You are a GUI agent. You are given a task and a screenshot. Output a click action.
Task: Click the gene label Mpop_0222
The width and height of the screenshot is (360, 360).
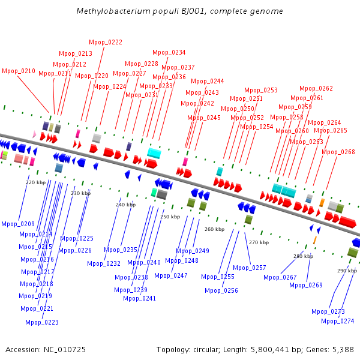click(x=106, y=42)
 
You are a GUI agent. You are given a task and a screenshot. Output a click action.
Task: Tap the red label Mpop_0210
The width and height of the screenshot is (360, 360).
click(x=19, y=71)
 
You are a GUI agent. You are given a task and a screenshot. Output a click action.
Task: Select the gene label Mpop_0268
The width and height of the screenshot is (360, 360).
click(x=338, y=152)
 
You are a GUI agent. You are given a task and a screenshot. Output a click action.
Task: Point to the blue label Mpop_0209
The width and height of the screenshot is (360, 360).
click(x=18, y=224)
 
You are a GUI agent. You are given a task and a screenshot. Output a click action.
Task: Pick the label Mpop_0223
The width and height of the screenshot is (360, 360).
click(x=42, y=322)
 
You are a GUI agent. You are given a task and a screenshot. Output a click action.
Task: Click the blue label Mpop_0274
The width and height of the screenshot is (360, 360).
click(x=337, y=321)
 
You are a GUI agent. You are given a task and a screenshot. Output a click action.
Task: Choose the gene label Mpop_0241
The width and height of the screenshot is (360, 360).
click(x=139, y=298)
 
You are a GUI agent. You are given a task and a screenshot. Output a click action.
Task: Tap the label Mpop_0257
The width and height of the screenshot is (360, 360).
click(x=250, y=268)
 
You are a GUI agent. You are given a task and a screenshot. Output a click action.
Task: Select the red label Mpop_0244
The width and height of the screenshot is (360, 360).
click(x=208, y=81)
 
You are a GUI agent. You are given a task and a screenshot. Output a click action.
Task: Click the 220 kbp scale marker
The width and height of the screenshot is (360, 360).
click(x=36, y=182)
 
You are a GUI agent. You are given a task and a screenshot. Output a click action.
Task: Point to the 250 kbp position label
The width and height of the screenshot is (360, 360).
click(x=170, y=217)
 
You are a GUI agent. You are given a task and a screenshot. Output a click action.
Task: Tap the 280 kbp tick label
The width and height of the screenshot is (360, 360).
click(x=303, y=256)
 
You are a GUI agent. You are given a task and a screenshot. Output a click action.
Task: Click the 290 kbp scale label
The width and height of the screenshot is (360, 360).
click(x=347, y=271)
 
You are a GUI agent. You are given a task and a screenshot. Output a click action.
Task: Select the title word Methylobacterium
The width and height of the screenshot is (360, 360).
click(x=113, y=11)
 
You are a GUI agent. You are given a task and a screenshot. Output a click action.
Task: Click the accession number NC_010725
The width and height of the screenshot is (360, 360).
click(x=65, y=350)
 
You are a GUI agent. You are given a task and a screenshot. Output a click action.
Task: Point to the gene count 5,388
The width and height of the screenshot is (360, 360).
click(x=343, y=350)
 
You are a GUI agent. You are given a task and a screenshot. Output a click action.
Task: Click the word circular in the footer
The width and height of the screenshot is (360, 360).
click(x=206, y=350)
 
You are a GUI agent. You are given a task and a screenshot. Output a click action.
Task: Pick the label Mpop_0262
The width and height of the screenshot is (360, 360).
click(x=316, y=88)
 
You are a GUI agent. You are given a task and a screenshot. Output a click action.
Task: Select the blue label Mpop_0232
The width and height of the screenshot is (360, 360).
click(x=104, y=263)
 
